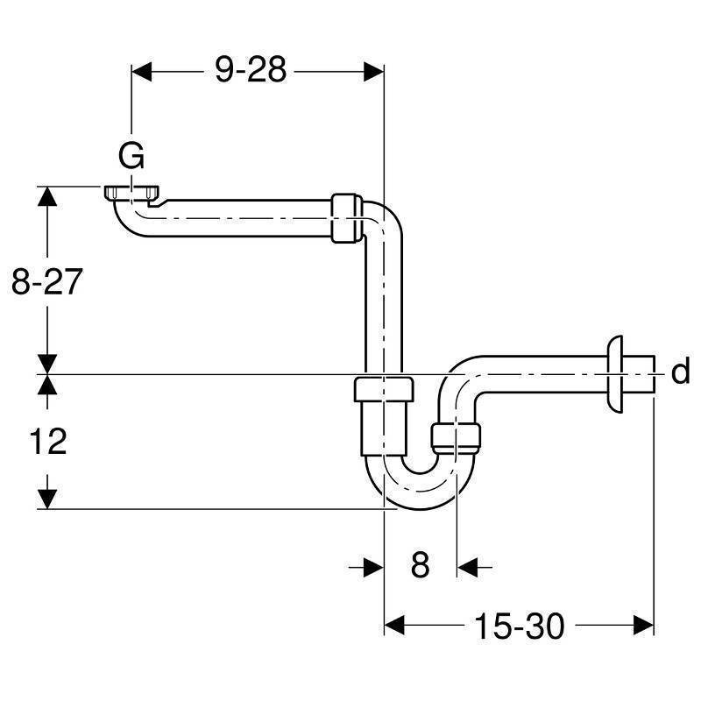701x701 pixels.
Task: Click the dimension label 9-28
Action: [251, 70]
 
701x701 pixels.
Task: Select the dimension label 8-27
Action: [47, 281]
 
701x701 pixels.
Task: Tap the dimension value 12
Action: [48, 442]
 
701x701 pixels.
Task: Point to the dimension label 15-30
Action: [519, 626]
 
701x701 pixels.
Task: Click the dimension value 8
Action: [420, 564]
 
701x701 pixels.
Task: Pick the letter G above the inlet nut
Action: [131, 156]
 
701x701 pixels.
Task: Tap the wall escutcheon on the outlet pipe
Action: [615, 374]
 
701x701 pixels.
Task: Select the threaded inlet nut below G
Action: [132, 192]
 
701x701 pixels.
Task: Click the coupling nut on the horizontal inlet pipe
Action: [346, 218]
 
